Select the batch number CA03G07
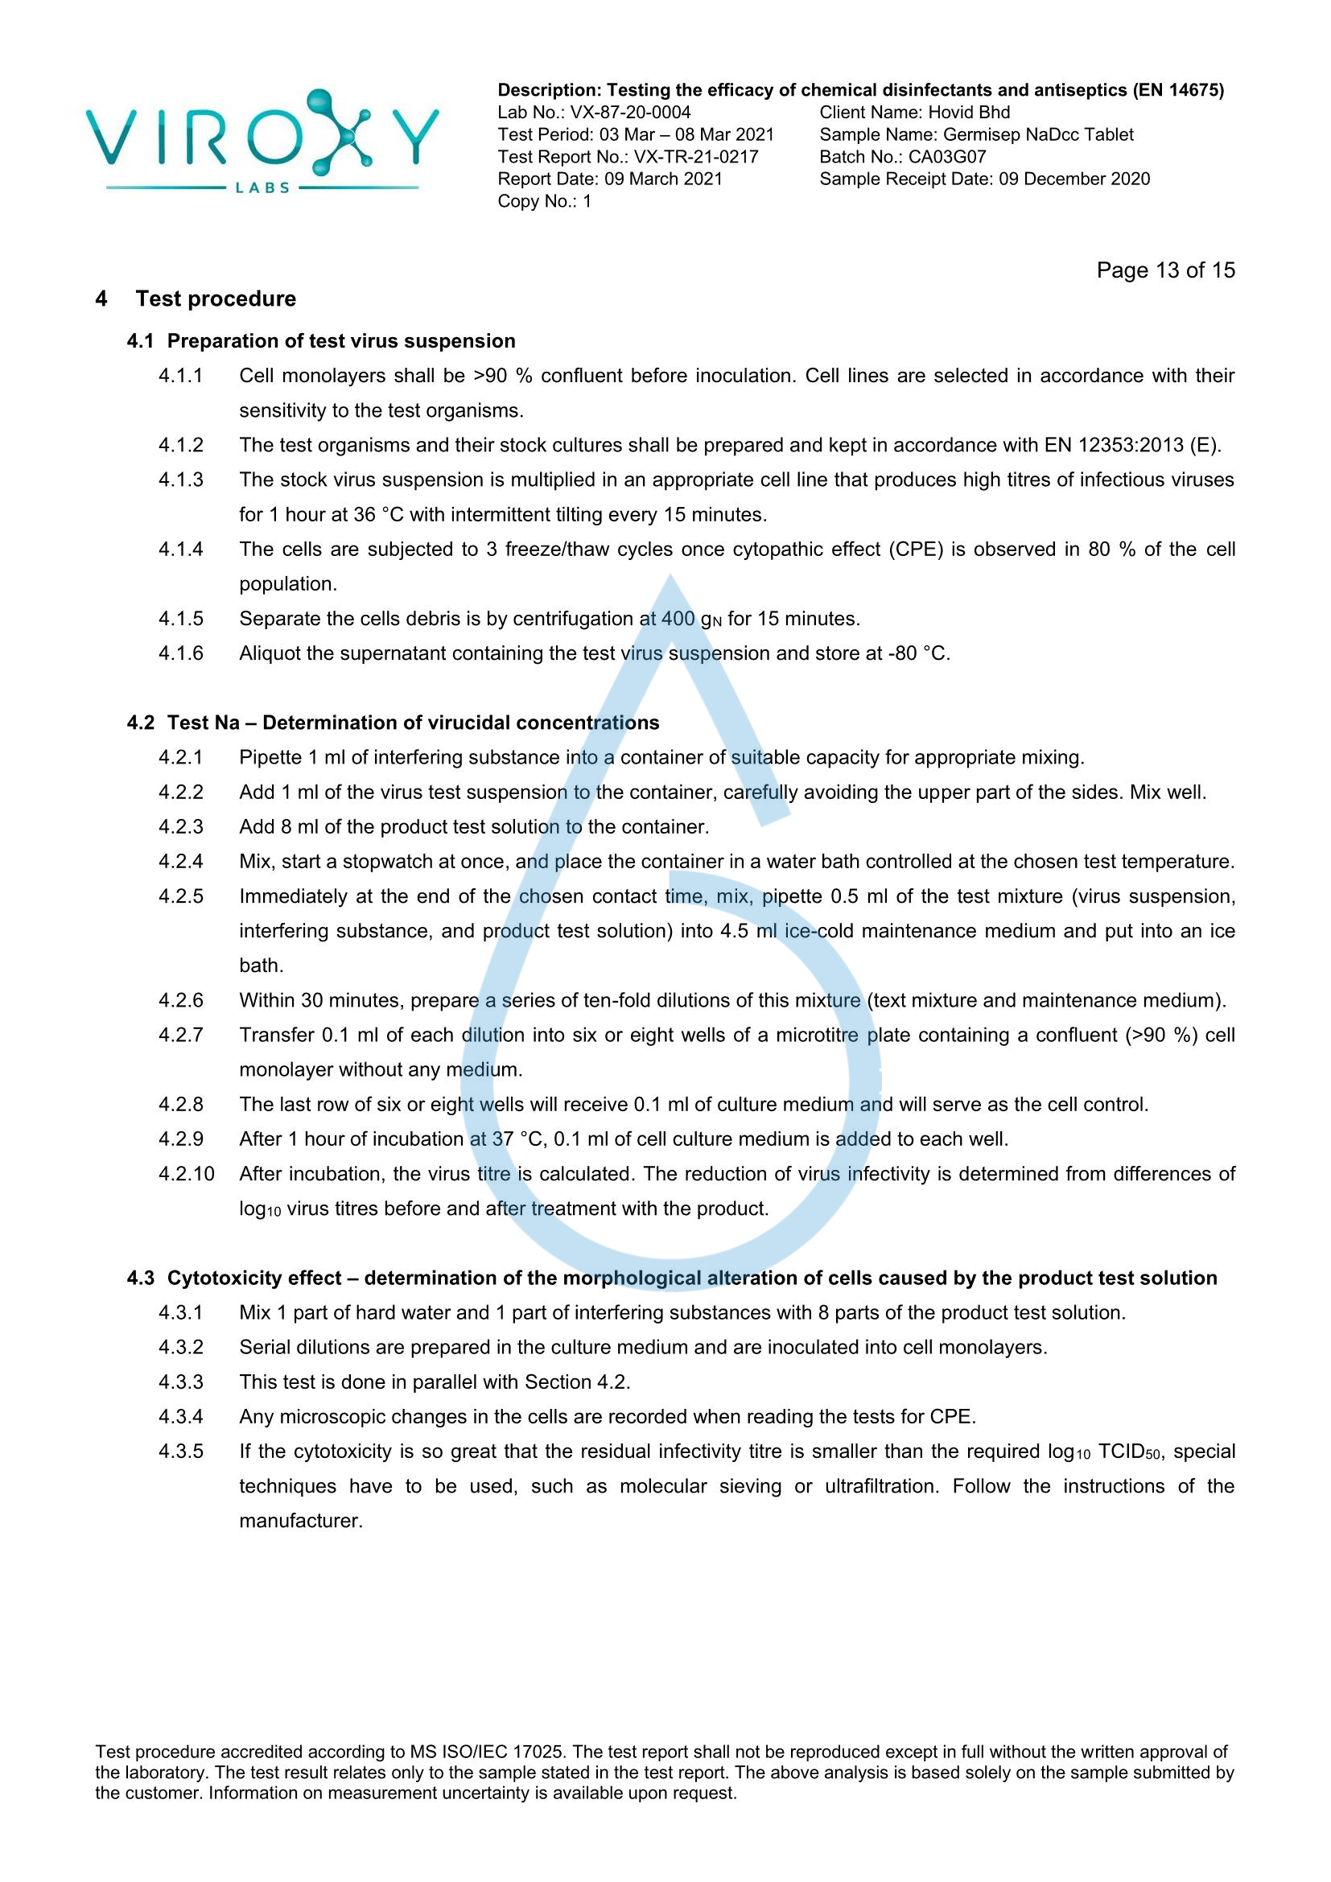pos(946,157)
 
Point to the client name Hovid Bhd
pos(969,113)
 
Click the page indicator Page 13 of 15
pos(1164,270)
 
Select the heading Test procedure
pos(216,299)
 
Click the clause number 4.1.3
pos(181,480)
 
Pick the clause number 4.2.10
pos(186,1174)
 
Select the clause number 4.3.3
pos(181,1382)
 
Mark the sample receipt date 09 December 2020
pos(1073,179)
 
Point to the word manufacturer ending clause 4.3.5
pos(300,1521)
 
